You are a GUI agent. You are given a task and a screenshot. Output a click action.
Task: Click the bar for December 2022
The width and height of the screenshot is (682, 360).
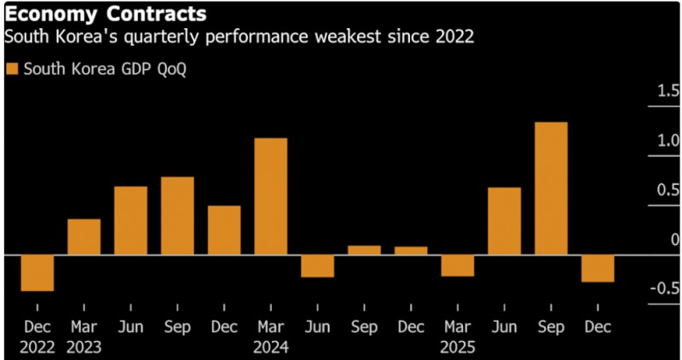click(38, 273)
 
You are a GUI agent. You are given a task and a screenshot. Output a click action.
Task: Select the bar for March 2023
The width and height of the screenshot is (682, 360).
click(84, 237)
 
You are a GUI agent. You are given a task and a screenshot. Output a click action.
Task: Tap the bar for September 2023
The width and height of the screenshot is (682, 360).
click(177, 216)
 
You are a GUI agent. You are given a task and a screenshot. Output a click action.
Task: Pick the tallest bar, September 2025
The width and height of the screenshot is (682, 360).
click(551, 189)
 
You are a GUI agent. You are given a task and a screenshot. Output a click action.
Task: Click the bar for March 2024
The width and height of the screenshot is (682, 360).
click(271, 196)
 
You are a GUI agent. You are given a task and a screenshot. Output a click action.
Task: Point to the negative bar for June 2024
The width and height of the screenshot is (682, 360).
click(317, 265)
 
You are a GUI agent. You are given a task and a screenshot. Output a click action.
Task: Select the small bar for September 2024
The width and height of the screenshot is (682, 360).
click(364, 250)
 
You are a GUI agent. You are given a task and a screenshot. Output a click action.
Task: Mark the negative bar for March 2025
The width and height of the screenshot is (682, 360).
click(457, 265)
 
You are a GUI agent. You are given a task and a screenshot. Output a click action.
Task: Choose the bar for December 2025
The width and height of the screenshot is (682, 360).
click(598, 268)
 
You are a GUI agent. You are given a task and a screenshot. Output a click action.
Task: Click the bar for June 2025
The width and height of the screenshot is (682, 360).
click(504, 221)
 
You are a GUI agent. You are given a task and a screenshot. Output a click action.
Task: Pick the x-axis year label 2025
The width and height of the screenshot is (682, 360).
click(458, 348)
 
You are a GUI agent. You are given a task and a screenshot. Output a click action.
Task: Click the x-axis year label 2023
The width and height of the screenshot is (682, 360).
click(84, 348)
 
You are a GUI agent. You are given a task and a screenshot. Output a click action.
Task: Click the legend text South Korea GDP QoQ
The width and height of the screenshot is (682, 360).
click(104, 69)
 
